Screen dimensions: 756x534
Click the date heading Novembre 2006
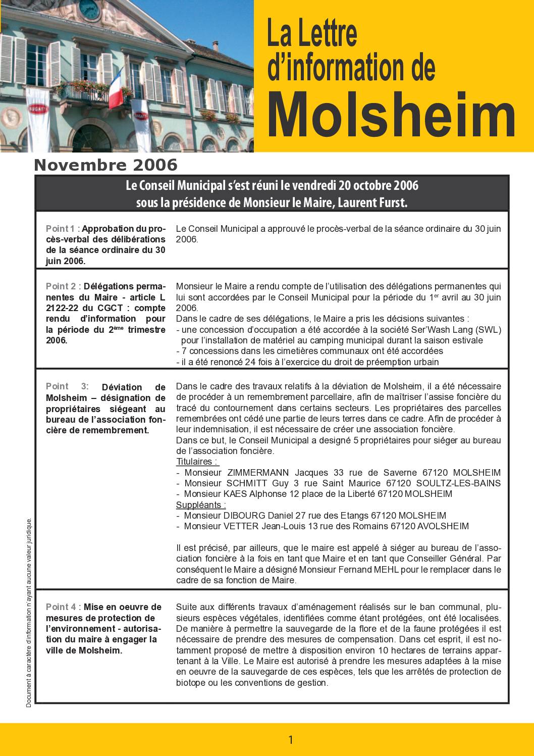[106, 165]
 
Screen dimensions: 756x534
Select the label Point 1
[61, 229]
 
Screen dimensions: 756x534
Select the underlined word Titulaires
[197, 462]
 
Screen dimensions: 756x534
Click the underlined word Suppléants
[200, 505]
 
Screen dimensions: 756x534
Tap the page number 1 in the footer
[291, 740]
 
